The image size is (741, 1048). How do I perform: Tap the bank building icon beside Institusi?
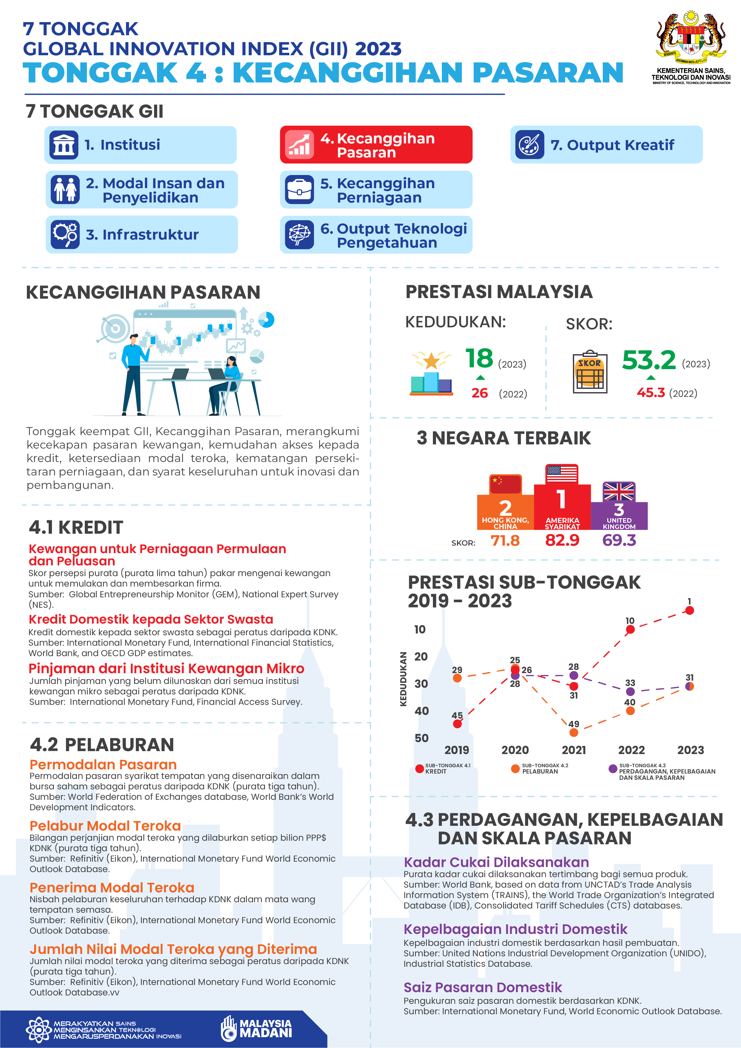[64, 145]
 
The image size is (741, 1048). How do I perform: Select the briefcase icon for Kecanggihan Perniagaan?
[299, 189]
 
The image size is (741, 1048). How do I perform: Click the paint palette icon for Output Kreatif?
[529, 145]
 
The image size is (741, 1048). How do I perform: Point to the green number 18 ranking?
[479, 358]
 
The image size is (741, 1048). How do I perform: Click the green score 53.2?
[648, 360]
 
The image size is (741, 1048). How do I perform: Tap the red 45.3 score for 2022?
[651, 393]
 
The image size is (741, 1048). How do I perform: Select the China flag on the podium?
[505, 484]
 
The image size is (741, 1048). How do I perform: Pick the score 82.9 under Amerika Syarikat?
[562, 541]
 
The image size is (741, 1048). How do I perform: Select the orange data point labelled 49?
[574, 733]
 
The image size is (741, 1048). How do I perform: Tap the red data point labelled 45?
[457, 724]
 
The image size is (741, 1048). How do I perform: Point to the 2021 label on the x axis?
[574, 750]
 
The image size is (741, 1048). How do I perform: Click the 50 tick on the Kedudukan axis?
[421, 738]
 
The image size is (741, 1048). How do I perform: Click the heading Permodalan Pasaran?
[103, 765]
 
